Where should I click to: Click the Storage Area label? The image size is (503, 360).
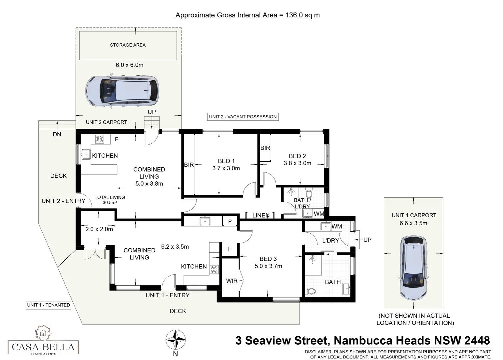[x=128, y=45]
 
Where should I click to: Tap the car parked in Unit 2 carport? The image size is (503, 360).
[x=122, y=91]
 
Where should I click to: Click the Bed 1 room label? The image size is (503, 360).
[x=226, y=161]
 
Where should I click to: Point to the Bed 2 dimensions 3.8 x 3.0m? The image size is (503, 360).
[x=297, y=163]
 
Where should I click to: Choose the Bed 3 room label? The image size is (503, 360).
[x=268, y=259]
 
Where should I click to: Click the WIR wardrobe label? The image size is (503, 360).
[x=232, y=281]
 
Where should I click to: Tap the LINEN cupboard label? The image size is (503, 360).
[x=260, y=215]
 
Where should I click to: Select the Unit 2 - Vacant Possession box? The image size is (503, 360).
[x=243, y=117]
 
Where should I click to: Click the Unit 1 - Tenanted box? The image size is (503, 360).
[x=49, y=305]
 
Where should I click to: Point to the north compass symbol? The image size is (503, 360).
[x=176, y=340]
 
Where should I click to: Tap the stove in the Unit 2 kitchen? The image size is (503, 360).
[x=99, y=139]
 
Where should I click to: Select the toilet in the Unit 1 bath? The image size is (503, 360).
[x=311, y=291]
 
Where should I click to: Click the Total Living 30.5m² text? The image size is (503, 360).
[x=110, y=200]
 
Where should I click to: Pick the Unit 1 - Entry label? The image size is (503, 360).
[x=167, y=295]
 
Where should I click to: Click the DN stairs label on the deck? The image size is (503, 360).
[x=57, y=134]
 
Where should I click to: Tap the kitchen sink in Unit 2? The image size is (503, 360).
[x=86, y=154]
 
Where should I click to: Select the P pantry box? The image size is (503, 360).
[x=230, y=221]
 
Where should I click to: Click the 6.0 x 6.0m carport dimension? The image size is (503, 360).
[x=129, y=65]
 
